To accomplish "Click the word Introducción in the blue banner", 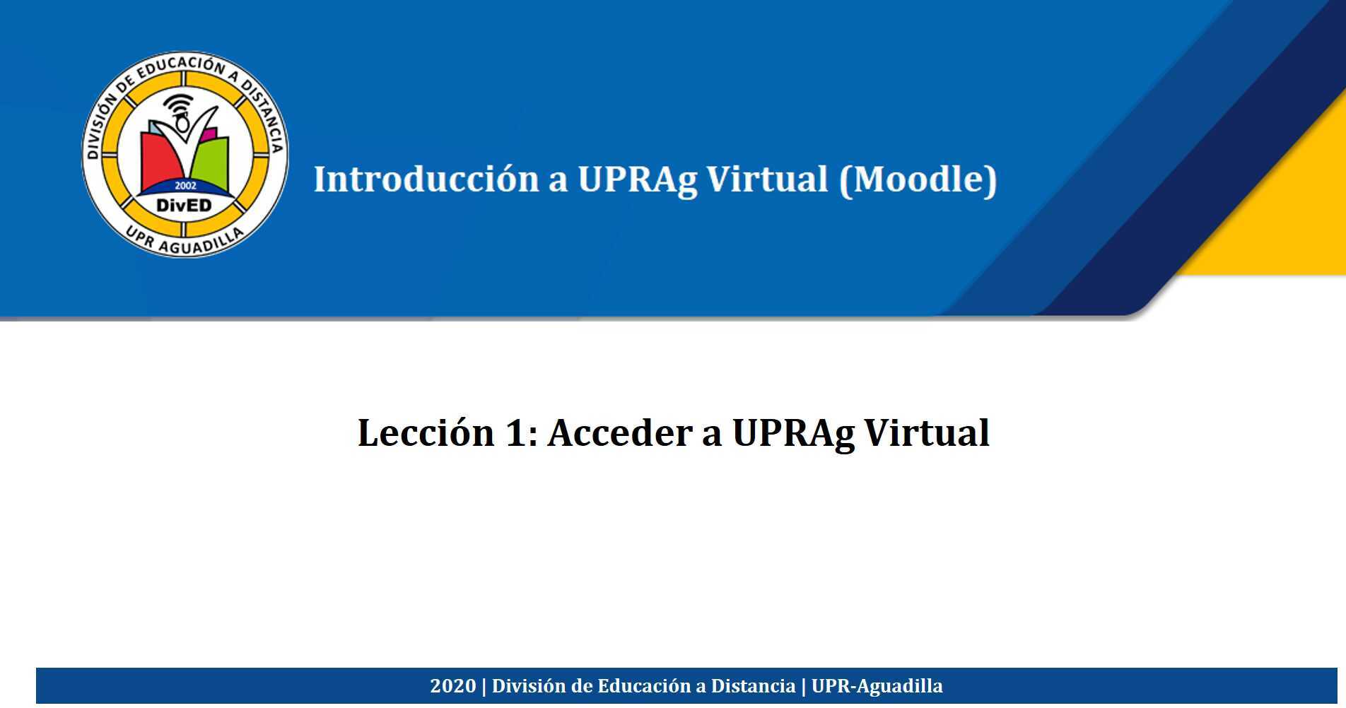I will (x=426, y=179).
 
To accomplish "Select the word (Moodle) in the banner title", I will (x=918, y=179).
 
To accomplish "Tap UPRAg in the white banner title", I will (x=637, y=179).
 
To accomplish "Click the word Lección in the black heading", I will (x=426, y=432).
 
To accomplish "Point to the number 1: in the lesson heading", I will (x=522, y=432).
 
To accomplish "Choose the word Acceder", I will (x=620, y=432).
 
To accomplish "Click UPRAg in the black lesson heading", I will (x=793, y=432).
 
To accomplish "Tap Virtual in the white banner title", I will (x=767, y=179).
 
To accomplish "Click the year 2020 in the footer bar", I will (x=452, y=686).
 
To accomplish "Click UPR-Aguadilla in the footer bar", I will (x=877, y=686).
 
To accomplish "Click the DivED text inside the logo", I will (x=184, y=206).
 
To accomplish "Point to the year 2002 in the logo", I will (x=185, y=186).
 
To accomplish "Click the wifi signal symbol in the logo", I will (x=178, y=103).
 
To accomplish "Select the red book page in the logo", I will (x=161, y=159).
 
